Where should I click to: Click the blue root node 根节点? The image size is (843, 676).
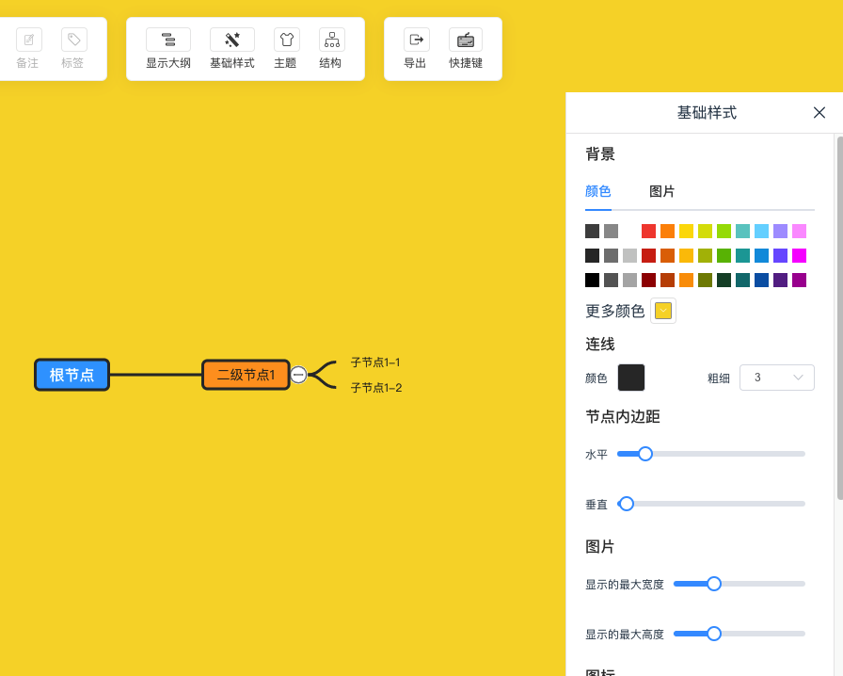point(72,375)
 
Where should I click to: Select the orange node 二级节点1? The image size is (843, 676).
point(246,375)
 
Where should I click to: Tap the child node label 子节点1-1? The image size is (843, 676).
point(375,362)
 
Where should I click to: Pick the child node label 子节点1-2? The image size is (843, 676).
point(376,388)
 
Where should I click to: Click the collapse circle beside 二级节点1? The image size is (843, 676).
point(298,375)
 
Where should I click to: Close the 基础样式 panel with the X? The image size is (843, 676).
point(819,112)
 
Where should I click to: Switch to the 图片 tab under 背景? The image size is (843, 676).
point(661,191)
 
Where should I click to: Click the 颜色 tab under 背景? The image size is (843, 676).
point(597,191)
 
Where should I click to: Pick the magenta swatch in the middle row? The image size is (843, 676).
point(799,256)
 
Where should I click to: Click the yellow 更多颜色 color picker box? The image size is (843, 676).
point(663,311)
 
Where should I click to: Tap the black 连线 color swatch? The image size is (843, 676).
point(631,378)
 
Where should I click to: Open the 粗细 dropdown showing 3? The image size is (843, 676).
point(777,378)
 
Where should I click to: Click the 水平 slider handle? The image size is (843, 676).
point(645,454)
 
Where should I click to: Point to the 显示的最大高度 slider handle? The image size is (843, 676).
point(714,634)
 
